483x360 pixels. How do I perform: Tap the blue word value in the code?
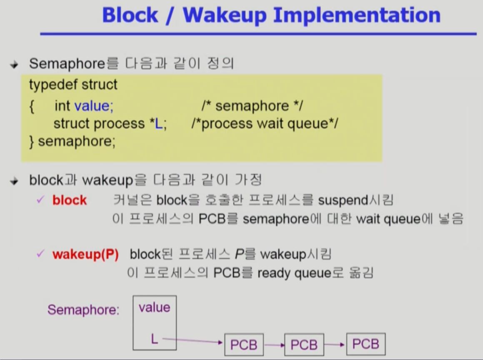point(94,106)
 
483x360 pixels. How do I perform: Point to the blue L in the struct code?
point(158,124)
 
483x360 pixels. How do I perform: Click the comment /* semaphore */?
point(252,106)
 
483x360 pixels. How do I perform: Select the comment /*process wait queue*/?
point(265,124)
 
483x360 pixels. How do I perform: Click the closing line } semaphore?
point(72,141)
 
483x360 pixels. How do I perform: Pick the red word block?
point(70,200)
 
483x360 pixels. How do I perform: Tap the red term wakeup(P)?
point(85,254)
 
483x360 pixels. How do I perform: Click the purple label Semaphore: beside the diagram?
point(83,310)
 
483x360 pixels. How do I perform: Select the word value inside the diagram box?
point(155,307)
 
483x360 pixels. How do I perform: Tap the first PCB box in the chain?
point(244,345)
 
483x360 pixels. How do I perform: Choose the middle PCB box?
point(304,345)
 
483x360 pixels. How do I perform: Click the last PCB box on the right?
point(365,344)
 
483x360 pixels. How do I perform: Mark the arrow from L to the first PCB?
point(192,341)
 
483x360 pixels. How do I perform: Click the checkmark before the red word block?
point(40,200)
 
